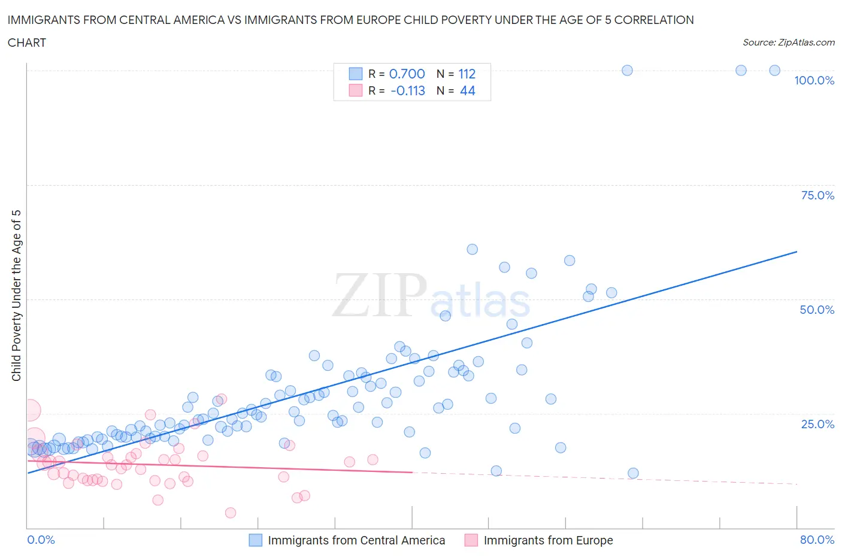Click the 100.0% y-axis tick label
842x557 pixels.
(x=814, y=81)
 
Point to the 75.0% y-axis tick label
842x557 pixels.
(x=817, y=195)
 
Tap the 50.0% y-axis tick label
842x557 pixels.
(x=817, y=310)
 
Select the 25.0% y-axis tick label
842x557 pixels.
(x=817, y=424)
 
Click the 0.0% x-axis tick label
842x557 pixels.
(x=41, y=540)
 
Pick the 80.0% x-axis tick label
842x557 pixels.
(x=817, y=540)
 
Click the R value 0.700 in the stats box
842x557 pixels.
(x=407, y=74)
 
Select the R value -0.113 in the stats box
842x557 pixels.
(x=407, y=90)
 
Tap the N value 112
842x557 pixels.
(x=467, y=74)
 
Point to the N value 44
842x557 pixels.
(x=467, y=90)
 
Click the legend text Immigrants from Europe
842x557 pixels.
(x=548, y=540)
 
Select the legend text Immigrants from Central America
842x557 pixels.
(x=356, y=540)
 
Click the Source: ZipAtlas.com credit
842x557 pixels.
(x=788, y=43)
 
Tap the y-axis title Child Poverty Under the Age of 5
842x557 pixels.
(x=16, y=295)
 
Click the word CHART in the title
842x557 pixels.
(x=27, y=43)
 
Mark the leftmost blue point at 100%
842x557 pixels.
(x=627, y=70)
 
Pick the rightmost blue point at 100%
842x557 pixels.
(x=774, y=70)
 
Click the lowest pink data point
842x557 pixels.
(x=231, y=513)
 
